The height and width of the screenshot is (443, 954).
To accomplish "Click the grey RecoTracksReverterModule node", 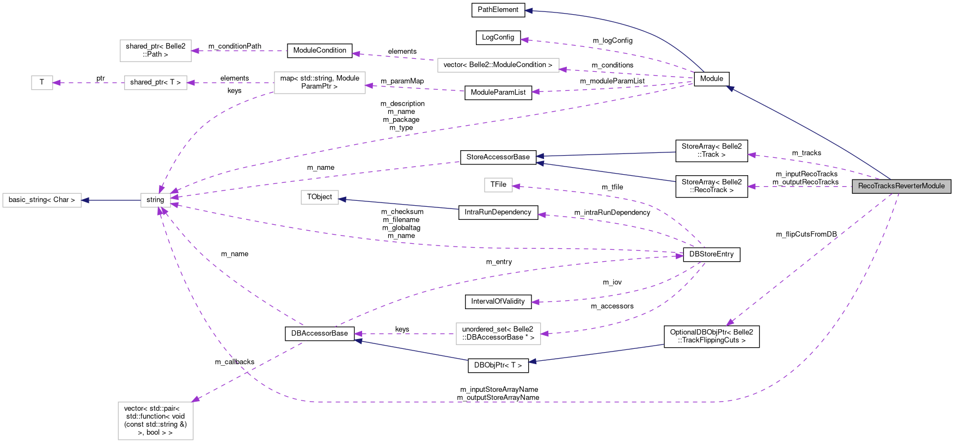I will click(x=901, y=186).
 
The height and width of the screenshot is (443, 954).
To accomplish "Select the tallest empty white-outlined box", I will click(x=156, y=421).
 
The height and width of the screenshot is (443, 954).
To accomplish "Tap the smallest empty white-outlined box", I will click(x=42, y=83).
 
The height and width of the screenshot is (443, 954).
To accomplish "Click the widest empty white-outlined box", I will click(x=498, y=65).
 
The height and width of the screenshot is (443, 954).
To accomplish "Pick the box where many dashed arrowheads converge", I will click(x=156, y=200).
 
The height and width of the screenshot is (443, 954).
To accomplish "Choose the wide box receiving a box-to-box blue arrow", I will click(x=42, y=200).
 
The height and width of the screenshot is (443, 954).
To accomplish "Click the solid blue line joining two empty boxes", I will click(x=111, y=200).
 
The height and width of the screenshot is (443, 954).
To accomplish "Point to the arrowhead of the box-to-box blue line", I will click(x=85, y=200).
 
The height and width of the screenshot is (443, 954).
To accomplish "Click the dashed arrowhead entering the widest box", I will click(x=563, y=70).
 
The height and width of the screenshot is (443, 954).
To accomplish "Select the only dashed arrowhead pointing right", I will click(x=680, y=256).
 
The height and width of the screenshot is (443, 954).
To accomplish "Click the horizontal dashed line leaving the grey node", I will click(x=800, y=187).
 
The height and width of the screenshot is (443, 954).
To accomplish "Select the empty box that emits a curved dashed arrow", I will click(x=320, y=83).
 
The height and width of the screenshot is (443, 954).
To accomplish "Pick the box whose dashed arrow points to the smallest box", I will click(x=156, y=83).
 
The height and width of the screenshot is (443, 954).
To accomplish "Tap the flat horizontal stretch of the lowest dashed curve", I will click(x=517, y=402).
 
